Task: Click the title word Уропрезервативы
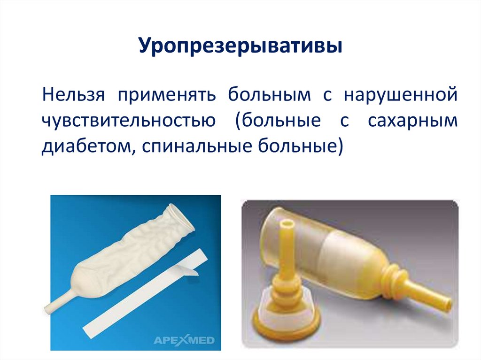240,48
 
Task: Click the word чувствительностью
128,121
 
